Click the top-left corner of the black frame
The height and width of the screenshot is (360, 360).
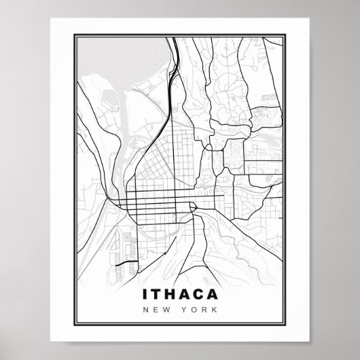(72, 31)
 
